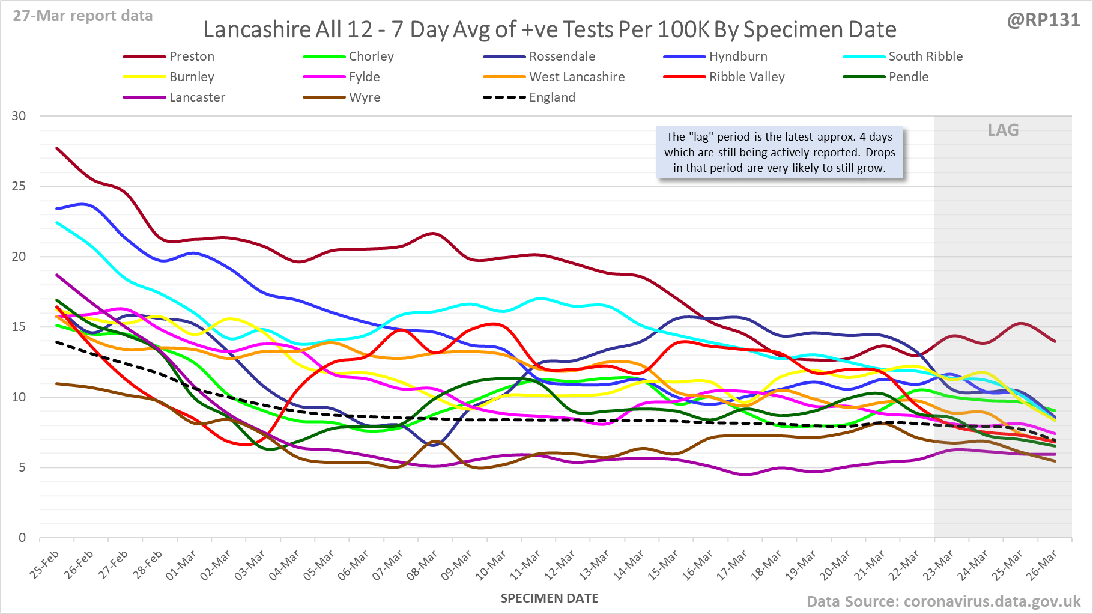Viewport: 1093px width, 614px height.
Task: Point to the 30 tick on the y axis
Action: (x=19, y=116)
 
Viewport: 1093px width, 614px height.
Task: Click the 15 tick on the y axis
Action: (x=19, y=327)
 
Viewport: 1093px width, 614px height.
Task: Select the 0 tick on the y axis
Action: (x=22, y=538)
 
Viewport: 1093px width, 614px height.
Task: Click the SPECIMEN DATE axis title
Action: (x=550, y=598)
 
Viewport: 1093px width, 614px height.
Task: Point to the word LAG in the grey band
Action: (x=1003, y=130)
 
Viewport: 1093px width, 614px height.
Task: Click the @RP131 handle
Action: (x=1043, y=20)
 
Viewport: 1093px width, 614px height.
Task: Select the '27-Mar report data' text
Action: (x=83, y=16)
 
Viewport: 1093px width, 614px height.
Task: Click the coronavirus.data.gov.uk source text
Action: (x=992, y=601)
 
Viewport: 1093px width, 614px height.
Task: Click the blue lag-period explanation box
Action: (x=780, y=153)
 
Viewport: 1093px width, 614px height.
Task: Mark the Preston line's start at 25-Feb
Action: (x=56, y=148)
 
